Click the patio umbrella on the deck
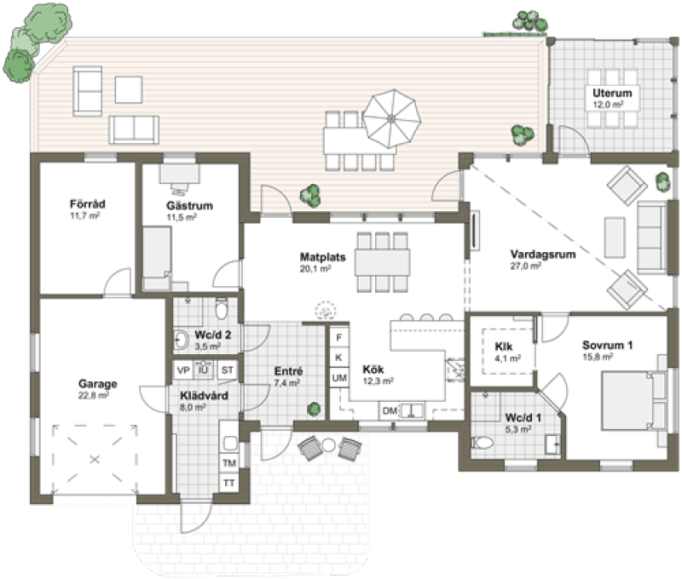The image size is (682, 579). (x=391, y=118)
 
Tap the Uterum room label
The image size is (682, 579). (x=612, y=93)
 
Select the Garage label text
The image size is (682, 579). (x=97, y=384)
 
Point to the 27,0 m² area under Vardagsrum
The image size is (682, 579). (x=525, y=266)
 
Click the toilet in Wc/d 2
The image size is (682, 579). (x=222, y=308)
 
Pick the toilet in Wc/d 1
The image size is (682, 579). (x=483, y=443)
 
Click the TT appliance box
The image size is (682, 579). (x=228, y=483)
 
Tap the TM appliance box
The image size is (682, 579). (x=228, y=463)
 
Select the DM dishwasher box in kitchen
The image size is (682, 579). (x=390, y=410)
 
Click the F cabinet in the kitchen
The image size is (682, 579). (x=339, y=337)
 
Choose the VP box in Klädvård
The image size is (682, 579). (x=183, y=370)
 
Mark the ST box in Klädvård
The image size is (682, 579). (x=228, y=370)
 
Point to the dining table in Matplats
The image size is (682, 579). (x=382, y=262)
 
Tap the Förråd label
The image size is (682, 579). (x=88, y=204)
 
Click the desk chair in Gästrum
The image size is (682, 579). (x=179, y=188)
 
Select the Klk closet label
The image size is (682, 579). (x=503, y=347)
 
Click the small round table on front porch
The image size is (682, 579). (x=328, y=444)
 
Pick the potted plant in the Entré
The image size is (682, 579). (x=314, y=409)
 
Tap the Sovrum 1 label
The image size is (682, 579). (x=607, y=346)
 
